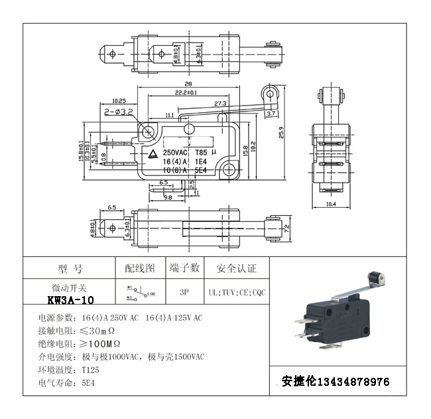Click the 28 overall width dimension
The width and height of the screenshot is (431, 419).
coord(188,84)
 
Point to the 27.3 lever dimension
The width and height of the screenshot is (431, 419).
coord(220,103)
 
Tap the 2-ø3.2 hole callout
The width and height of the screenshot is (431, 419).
coord(119,113)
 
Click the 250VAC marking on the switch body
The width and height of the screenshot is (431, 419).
coord(175,151)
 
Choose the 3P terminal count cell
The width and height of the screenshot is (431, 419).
coord(184,292)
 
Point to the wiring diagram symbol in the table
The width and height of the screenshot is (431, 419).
coord(139,291)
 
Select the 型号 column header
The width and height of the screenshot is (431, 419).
coord(70,269)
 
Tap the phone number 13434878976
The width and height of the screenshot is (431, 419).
coord(354,382)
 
